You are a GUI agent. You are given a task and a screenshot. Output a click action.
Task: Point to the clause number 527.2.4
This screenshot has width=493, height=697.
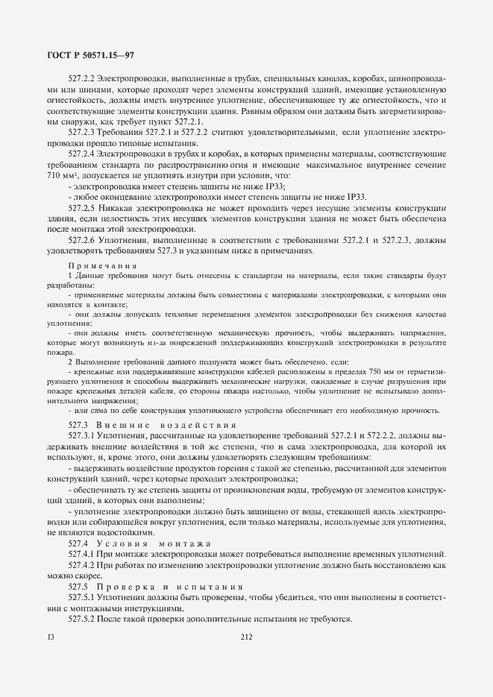point(81,154)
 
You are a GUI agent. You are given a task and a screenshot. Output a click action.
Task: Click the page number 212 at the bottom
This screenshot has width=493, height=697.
point(247,637)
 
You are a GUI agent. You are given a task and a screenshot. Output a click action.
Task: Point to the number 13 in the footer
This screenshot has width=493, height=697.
point(50,637)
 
